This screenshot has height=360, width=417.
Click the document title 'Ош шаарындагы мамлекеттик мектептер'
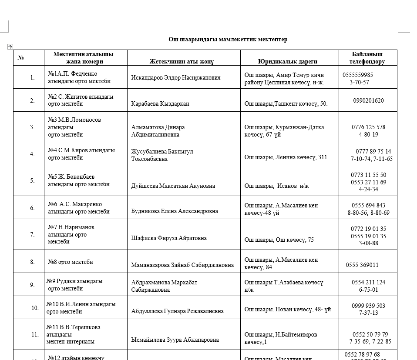pyautogui.click(x=228, y=40)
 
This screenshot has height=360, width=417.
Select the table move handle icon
pyautogui.click(x=10, y=47)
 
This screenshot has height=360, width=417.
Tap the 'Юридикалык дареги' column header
pyautogui.click(x=287, y=62)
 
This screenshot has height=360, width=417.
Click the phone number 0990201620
pyautogui.click(x=368, y=100)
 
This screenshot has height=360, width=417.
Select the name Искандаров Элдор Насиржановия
pyautogui.click(x=176, y=78)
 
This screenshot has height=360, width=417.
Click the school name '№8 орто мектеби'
pyautogui.click(x=71, y=262)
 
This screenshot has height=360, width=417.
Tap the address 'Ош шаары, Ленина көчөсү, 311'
pyautogui.click(x=286, y=157)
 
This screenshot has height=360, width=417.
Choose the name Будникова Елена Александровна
pyautogui.click(x=175, y=211)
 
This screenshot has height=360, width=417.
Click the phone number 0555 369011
pyautogui.click(x=362, y=265)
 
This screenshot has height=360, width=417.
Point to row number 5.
pyautogui.click(x=32, y=180)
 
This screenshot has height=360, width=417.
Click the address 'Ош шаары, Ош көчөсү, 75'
pyautogui.click(x=279, y=240)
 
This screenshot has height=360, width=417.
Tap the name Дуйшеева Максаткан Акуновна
pyautogui.click(x=173, y=186)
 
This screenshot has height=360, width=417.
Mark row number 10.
pyautogui.click(x=35, y=308)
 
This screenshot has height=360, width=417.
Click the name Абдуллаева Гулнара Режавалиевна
pyautogui.click(x=178, y=311)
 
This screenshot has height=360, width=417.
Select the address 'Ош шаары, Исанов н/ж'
pyautogui.click(x=276, y=186)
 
